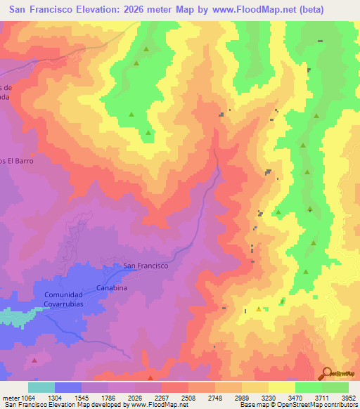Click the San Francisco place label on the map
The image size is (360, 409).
click(146, 266)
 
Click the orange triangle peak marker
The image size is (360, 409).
click(259, 309)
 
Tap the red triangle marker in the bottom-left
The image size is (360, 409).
click(34, 360)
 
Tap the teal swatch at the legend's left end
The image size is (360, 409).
click(41, 387)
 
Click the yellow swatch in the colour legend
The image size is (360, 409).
click(281, 387)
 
